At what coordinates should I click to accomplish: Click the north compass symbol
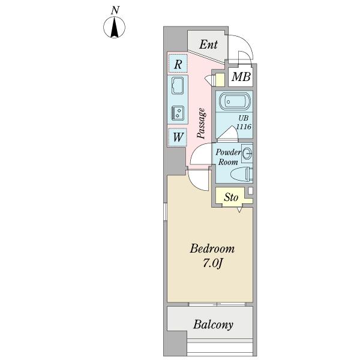point(114,28)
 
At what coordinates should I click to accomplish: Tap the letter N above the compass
point(115,10)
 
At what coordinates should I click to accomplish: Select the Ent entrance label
point(208,44)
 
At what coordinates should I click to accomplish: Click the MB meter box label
point(241,76)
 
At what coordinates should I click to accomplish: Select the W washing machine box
point(178,137)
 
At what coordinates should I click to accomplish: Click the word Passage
point(202,124)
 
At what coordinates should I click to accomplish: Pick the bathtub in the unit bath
point(234,101)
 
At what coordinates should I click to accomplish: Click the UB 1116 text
point(243,123)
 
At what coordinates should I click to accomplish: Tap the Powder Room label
point(228,157)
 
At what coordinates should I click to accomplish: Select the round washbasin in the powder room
point(247,154)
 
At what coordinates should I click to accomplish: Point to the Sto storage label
point(231,197)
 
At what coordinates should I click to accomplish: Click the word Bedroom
point(212,249)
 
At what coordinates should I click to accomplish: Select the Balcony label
point(213,325)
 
